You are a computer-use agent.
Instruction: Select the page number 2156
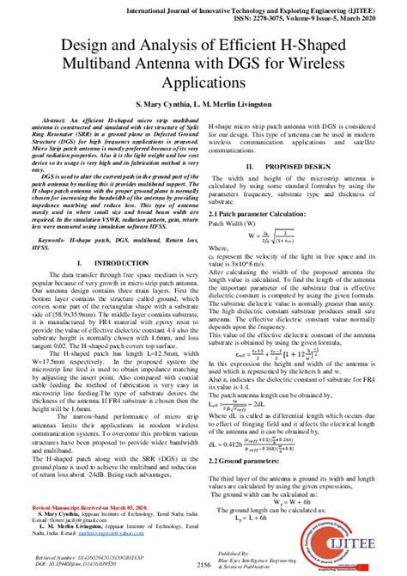[x=203, y=564]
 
